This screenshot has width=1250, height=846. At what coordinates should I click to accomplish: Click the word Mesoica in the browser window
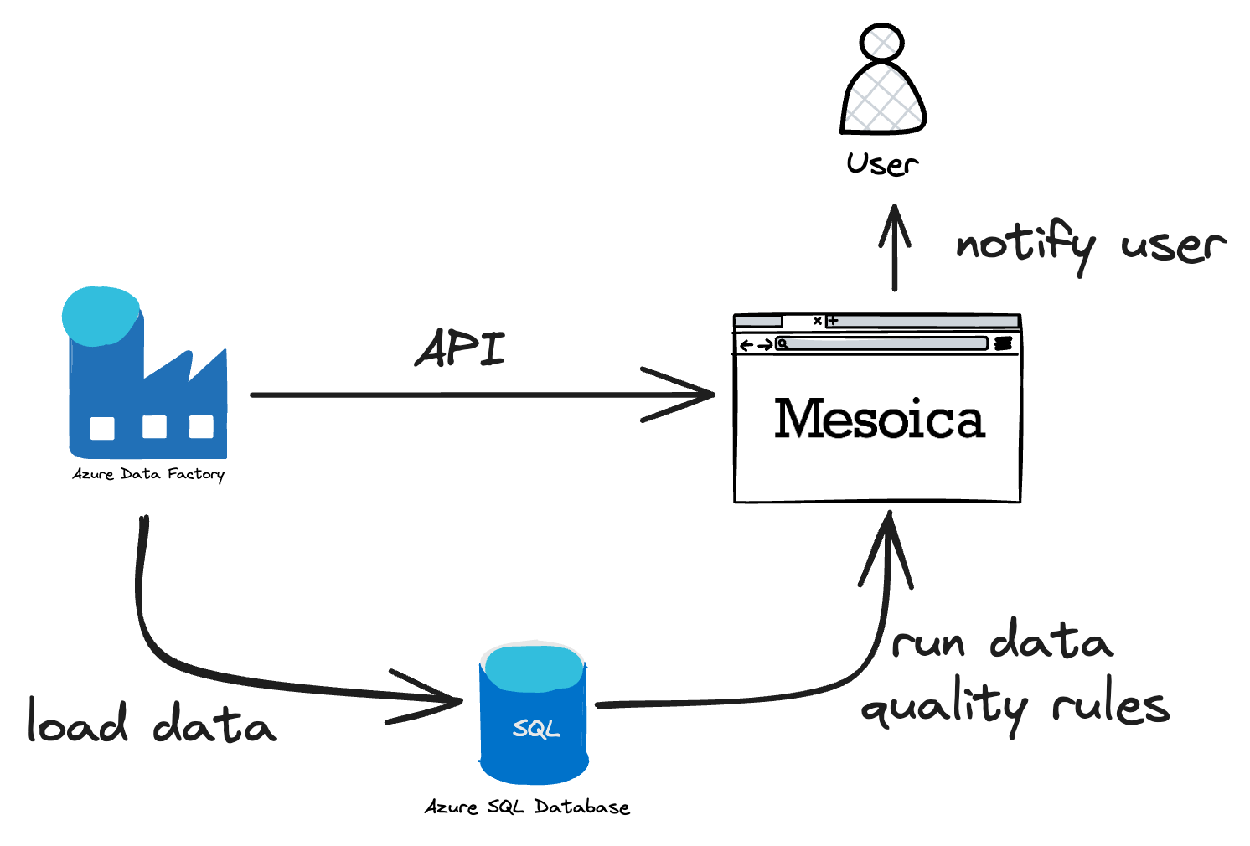tap(879, 419)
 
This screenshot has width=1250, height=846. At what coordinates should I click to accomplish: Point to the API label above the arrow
tap(461, 348)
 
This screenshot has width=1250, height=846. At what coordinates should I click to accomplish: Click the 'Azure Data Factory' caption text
tap(148, 474)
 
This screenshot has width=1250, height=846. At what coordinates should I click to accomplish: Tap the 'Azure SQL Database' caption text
tap(527, 807)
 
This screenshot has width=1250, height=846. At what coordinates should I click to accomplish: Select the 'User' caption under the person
tap(882, 163)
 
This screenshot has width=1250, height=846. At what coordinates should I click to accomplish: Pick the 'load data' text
tap(152, 724)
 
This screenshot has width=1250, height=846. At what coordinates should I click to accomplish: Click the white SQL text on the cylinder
tap(536, 729)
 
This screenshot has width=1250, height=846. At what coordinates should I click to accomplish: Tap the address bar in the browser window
tap(885, 343)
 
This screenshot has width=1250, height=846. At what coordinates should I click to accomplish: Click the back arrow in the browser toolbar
tap(746, 345)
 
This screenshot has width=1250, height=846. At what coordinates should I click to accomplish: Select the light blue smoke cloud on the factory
tap(101, 316)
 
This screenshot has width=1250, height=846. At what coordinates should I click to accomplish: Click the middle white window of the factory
tap(154, 427)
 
